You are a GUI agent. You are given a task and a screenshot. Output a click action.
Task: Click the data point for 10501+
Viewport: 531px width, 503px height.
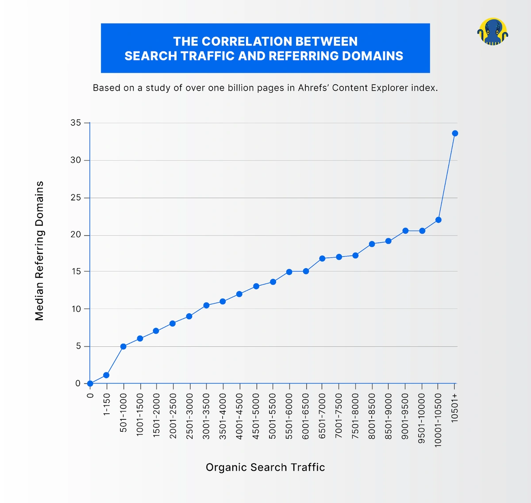tap(455, 133)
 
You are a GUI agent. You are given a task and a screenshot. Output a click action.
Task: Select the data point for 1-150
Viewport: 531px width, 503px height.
tap(106, 375)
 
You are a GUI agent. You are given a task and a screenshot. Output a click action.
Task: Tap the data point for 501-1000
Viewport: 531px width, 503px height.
tap(123, 346)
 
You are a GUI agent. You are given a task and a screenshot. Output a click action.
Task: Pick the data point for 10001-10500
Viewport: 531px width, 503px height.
tap(439, 220)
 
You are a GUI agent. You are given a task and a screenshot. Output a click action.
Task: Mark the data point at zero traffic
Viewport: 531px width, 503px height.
tap(90, 384)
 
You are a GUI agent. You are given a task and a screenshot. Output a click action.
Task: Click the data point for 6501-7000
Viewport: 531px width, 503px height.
tap(322, 258)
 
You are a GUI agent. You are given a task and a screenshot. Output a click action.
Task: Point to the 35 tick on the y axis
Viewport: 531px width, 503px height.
tap(76, 123)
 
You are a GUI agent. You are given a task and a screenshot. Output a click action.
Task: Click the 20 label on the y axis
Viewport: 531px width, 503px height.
tap(76, 235)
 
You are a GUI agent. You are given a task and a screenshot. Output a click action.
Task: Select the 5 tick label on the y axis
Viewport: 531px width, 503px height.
tap(78, 346)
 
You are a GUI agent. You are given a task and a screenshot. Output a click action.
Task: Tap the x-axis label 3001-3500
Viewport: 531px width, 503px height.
tap(206, 416)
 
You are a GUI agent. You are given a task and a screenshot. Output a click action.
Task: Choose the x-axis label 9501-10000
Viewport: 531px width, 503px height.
tap(422, 418)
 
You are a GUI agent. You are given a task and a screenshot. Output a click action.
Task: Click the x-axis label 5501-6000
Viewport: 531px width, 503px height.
tap(289, 416)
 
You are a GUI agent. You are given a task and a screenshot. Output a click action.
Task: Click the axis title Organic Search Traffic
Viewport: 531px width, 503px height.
tap(265, 467)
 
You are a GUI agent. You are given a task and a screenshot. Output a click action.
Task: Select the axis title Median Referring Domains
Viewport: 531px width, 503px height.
tap(40, 251)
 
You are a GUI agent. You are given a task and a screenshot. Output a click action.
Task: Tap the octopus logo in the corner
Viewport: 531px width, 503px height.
tap(493, 31)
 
